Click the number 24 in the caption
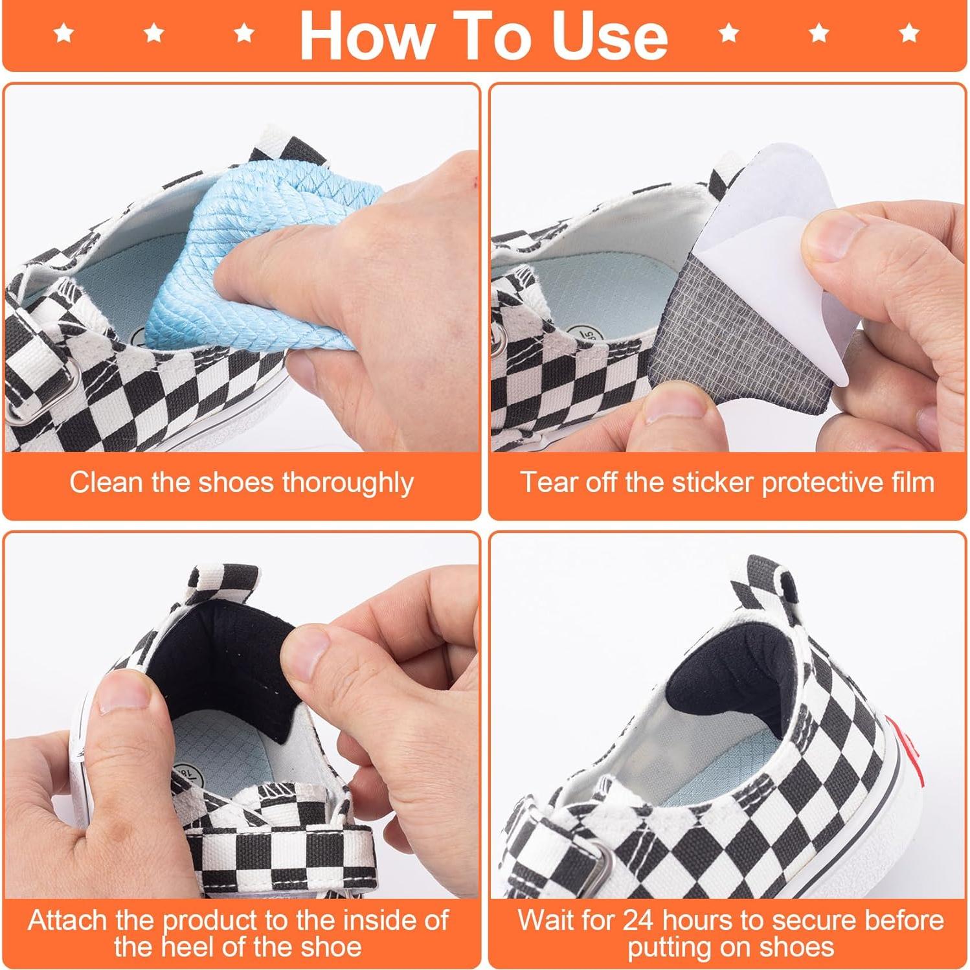[x=640, y=921]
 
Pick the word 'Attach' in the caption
[x=68, y=921]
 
